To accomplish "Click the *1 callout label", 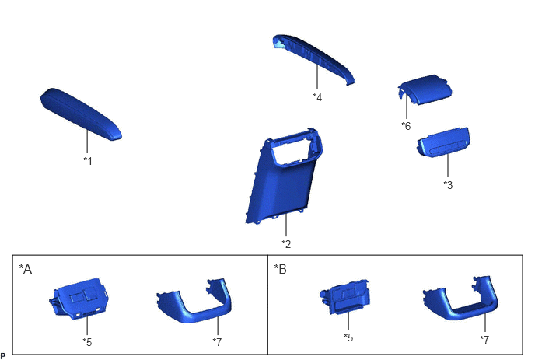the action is tap(88, 161).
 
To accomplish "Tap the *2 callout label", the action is tap(286, 244).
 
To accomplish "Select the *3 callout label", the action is tap(448, 184).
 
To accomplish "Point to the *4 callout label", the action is tap(317, 97).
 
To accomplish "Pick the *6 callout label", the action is tap(406, 126).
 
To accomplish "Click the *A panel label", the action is tap(25, 269).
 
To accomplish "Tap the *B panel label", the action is tap(280, 269).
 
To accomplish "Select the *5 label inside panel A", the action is tap(87, 342).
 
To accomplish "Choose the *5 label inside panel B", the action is tap(348, 337).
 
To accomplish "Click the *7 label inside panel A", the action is tap(217, 341).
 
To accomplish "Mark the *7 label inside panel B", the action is tap(484, 340).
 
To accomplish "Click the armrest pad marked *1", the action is tap(81, 114).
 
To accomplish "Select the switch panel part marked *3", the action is tap(443, 142).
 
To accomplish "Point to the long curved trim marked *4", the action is tap(313, 58).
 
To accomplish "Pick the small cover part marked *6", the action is tap(425, 89).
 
